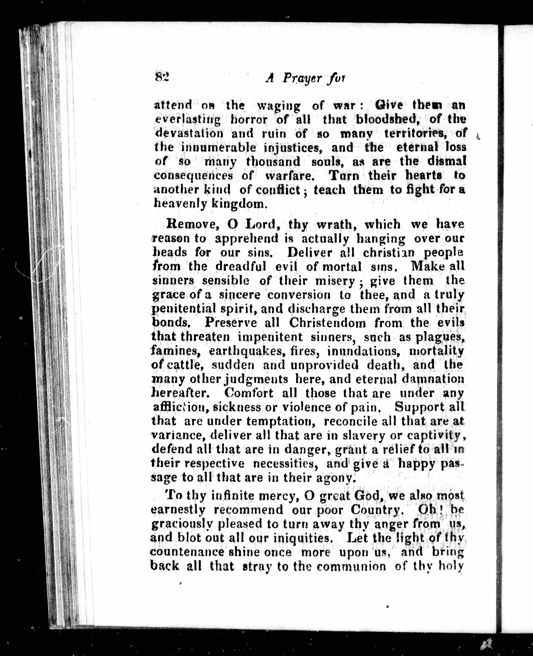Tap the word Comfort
click(x=249, y=393)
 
